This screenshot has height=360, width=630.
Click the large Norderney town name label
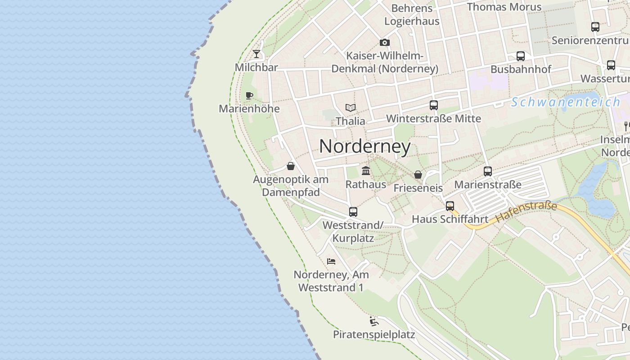(365, 146)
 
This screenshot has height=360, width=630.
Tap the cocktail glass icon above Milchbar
(256, 54)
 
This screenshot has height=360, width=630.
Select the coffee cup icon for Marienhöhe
(249, 95)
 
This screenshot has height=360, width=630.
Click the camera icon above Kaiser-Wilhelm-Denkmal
(385, 43)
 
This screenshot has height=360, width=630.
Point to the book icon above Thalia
(351, 108)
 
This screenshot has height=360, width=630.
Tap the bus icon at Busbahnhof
(521, 56)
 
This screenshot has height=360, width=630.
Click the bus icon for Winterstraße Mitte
(434, 105)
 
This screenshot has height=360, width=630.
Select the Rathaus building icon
(366, 171)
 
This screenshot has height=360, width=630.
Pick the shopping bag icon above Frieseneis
(418, 175)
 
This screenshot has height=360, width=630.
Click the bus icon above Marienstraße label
(488, 171)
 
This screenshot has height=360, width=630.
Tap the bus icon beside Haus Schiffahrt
(450, 206)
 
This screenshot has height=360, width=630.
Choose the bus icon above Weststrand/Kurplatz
(353, 211)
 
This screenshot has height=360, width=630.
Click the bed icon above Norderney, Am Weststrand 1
(331, 261)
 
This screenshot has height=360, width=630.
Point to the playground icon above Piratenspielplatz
(373, 321)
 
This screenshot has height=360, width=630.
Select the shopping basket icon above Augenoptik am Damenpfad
(291, 166)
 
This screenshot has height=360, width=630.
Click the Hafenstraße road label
(526, 212)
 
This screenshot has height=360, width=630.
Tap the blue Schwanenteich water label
(566, 102)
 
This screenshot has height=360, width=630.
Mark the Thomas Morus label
(504, 7)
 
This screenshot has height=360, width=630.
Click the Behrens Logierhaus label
(412, 14)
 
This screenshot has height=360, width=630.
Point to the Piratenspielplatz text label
(374, 334)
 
